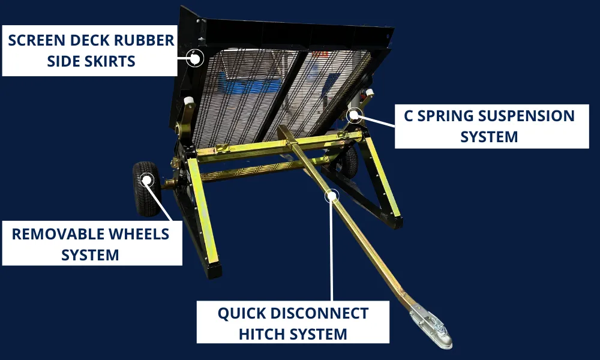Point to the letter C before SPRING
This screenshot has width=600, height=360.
(x=408, y=116)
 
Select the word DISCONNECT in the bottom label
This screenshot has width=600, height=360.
(x=320, y=313)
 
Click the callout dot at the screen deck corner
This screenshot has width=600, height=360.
(x=195, y=59)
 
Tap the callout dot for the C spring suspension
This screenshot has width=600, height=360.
(x=354, y=115)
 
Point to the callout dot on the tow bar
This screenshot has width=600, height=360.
(x=332, y=196)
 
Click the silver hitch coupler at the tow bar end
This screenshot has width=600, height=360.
(x=431, y=326)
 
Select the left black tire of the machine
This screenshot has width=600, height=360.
(x=146, y=189)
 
